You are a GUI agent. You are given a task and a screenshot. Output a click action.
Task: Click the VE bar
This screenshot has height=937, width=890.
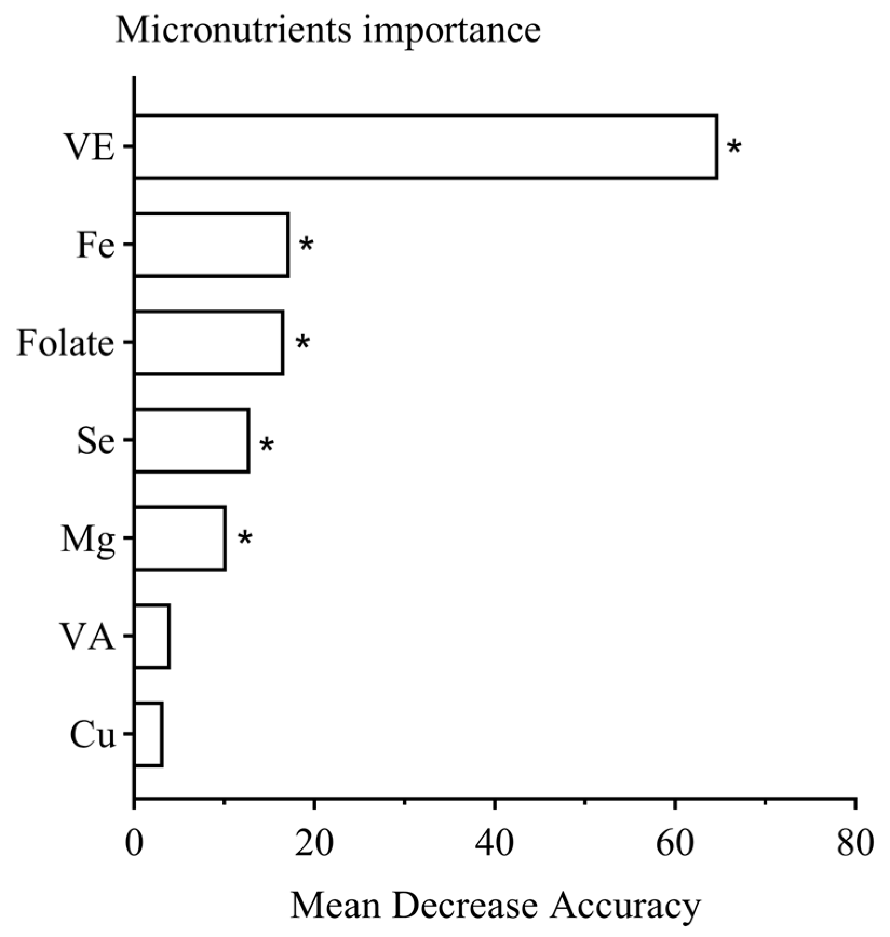click(x=426, y=146)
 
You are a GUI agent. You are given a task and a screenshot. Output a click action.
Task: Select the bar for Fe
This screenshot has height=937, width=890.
click(x=211, y=245)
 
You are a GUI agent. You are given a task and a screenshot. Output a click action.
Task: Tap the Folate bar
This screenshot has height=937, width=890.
click(x=208, y=342)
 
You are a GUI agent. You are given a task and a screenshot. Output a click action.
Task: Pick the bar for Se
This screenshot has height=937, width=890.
click(x=192, y=441)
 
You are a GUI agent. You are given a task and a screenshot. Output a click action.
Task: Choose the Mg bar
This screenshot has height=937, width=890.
click(x=180, y=538)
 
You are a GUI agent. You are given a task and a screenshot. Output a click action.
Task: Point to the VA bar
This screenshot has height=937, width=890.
click(x=152, y=637)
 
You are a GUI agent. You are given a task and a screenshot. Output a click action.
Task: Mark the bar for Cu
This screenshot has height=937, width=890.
click(x=149, y=734)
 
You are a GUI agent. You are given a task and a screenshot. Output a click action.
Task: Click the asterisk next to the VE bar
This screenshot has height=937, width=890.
click(x=734, y=147)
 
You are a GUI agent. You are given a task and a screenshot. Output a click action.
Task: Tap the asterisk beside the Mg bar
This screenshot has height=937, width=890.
click(x=245, y=538)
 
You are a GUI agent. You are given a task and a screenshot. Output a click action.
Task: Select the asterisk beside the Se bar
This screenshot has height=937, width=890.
click(x=266, y=445)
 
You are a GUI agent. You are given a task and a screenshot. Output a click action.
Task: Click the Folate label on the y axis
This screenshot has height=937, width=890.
click(x=66, y=343)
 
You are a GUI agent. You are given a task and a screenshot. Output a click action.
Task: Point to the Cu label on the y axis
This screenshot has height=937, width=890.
click(x=93, y=736)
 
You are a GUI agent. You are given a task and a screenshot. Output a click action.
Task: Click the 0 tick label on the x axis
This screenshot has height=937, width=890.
click(x=134, y=844)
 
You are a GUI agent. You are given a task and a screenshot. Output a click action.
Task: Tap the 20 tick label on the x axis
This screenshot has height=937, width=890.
click(x=314, y=844)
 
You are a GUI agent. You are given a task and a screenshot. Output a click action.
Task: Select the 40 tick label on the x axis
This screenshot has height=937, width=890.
click(x=494, y=844)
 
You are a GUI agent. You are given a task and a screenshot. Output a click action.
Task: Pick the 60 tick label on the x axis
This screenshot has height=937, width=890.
click(x=675, y=844)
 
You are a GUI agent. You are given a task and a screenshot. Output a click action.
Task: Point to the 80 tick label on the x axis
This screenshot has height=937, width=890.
click(x=854, y=844)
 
